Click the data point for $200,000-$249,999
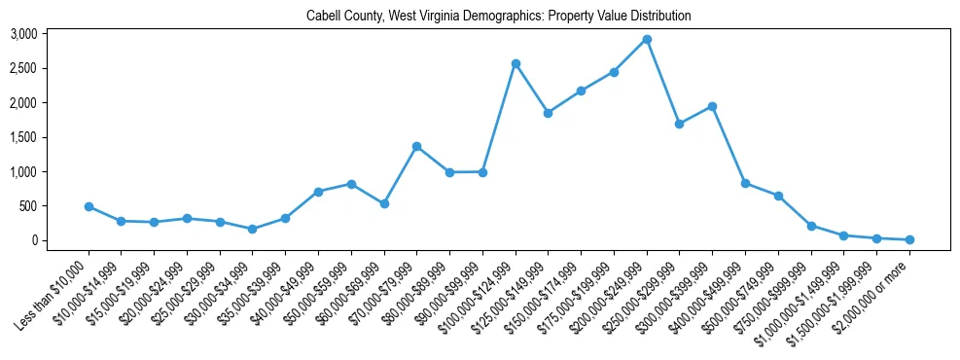pyautogui.click(x=647, y=40)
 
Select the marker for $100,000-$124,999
pyautogui.click(x=516, y=64)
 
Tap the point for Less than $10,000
pyautogui.click(x=89, y=206)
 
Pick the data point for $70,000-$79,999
pyautogui.click(x=416, y=147)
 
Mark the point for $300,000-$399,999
pyautogui.click(x=712, y=106)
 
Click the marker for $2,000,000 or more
pyautogui.click(x=909, y=239)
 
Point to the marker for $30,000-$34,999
pyautogui.click(x=252, y=229)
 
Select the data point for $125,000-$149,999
pyautogui.click(x=548, y=113)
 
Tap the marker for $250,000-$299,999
pyautogui.click(x=679, y=124)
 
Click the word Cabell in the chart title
pyautogui.click(x=322, y=16)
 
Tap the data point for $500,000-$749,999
pyautogui.click(x=778, y=196)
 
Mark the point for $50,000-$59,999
pyautogui.click(x=351, y=184)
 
